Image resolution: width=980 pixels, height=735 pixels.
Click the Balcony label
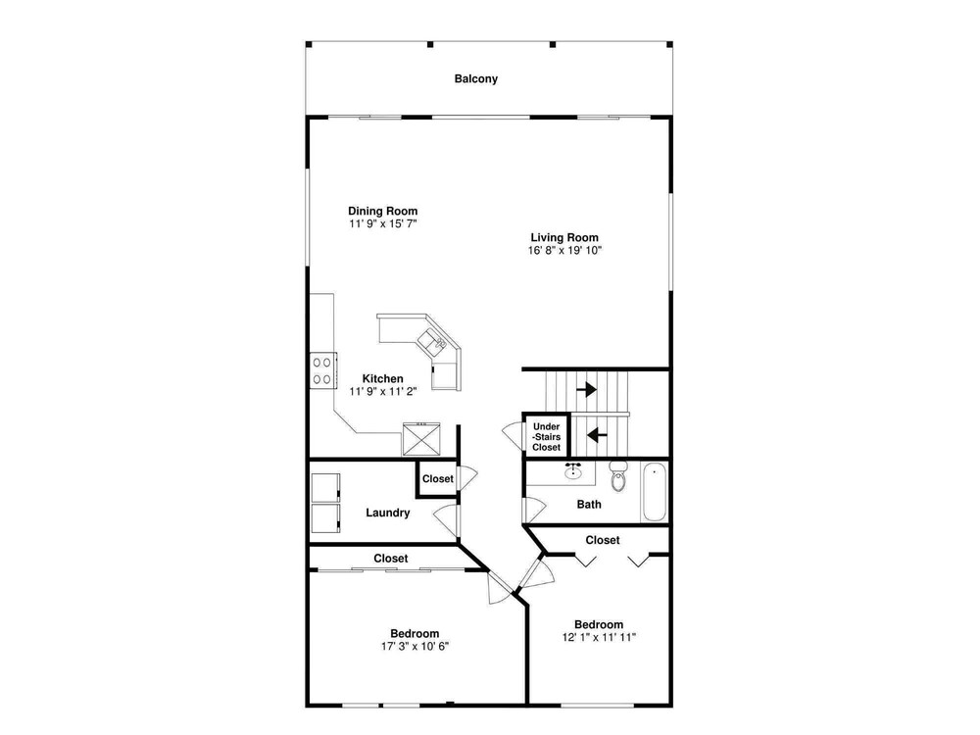click(x=475, y=78)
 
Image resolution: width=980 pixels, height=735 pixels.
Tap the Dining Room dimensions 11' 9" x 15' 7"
click(x=382, y=223)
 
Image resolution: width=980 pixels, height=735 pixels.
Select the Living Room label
click(x=564, y=237)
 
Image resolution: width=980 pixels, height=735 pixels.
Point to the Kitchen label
click(x=382, y=378)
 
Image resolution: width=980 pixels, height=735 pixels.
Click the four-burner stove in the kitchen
click(x=323, y=370)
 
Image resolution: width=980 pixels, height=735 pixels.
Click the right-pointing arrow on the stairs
click(x=586, y=390)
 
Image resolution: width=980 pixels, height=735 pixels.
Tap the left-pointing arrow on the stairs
click(x=597, y=434)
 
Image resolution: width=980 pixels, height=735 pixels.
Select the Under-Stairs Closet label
click(x=546, y=437)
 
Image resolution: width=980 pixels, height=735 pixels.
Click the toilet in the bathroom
click(x=618, y=476)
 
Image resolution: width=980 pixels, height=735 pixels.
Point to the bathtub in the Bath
click(x=655, y=492)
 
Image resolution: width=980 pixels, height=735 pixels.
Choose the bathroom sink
click(x=573, y=472)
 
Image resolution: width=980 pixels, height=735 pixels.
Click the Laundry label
click(x=387, y=513)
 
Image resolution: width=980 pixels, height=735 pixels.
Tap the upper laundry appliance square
click(x=325, y=488)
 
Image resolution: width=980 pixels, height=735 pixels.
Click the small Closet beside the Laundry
click(x=437, y=479)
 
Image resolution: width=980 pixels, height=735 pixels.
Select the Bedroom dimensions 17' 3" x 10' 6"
click(x=415, y=646)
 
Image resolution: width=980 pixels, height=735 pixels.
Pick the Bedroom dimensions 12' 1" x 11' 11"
click(x=599, y=638)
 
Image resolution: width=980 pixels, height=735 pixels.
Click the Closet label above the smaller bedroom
click(x=603, y=540)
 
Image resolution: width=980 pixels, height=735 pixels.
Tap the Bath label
click(x=589, y=505)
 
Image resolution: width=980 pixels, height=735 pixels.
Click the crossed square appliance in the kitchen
click(x=421, y=439)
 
